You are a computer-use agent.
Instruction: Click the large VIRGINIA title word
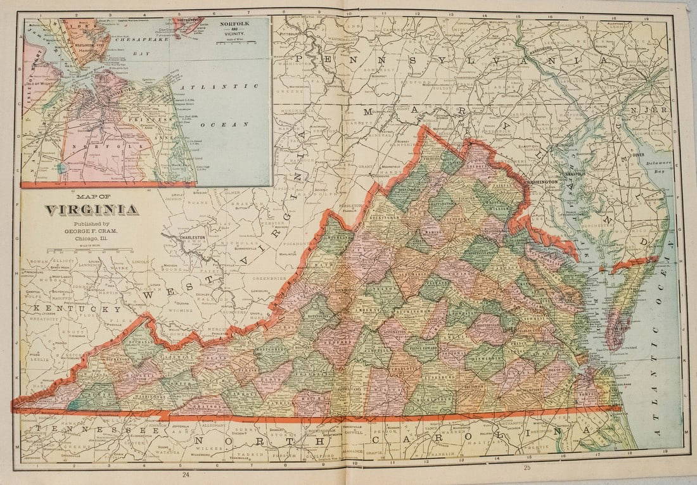[x=91, y=210]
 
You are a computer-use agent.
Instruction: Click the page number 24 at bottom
[x=184, y=474]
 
